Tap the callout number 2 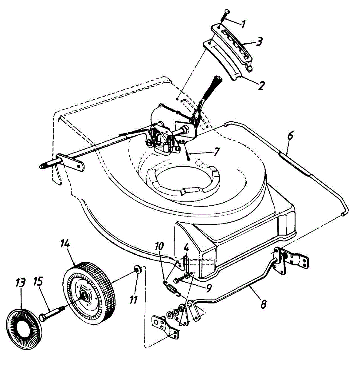[x=261, y=85]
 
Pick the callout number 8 [x=263, y=304]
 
